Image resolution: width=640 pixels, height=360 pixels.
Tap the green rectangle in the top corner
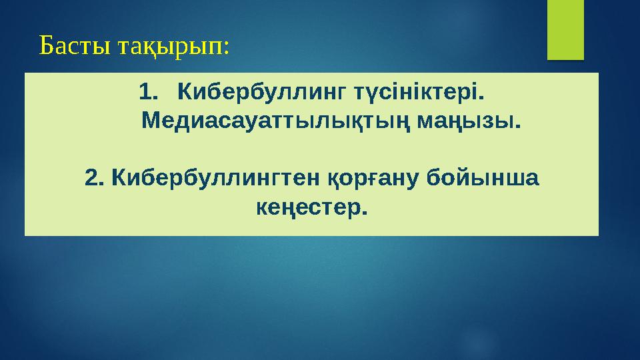click(565, 29)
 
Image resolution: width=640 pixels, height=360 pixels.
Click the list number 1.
click(146, 89)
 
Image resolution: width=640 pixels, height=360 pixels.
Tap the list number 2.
click(95, 178)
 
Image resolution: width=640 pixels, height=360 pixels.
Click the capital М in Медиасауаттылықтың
click(153, 122)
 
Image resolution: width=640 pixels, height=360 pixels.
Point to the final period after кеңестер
click(364, 213)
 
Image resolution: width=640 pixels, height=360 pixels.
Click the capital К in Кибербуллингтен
click(118, 178)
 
